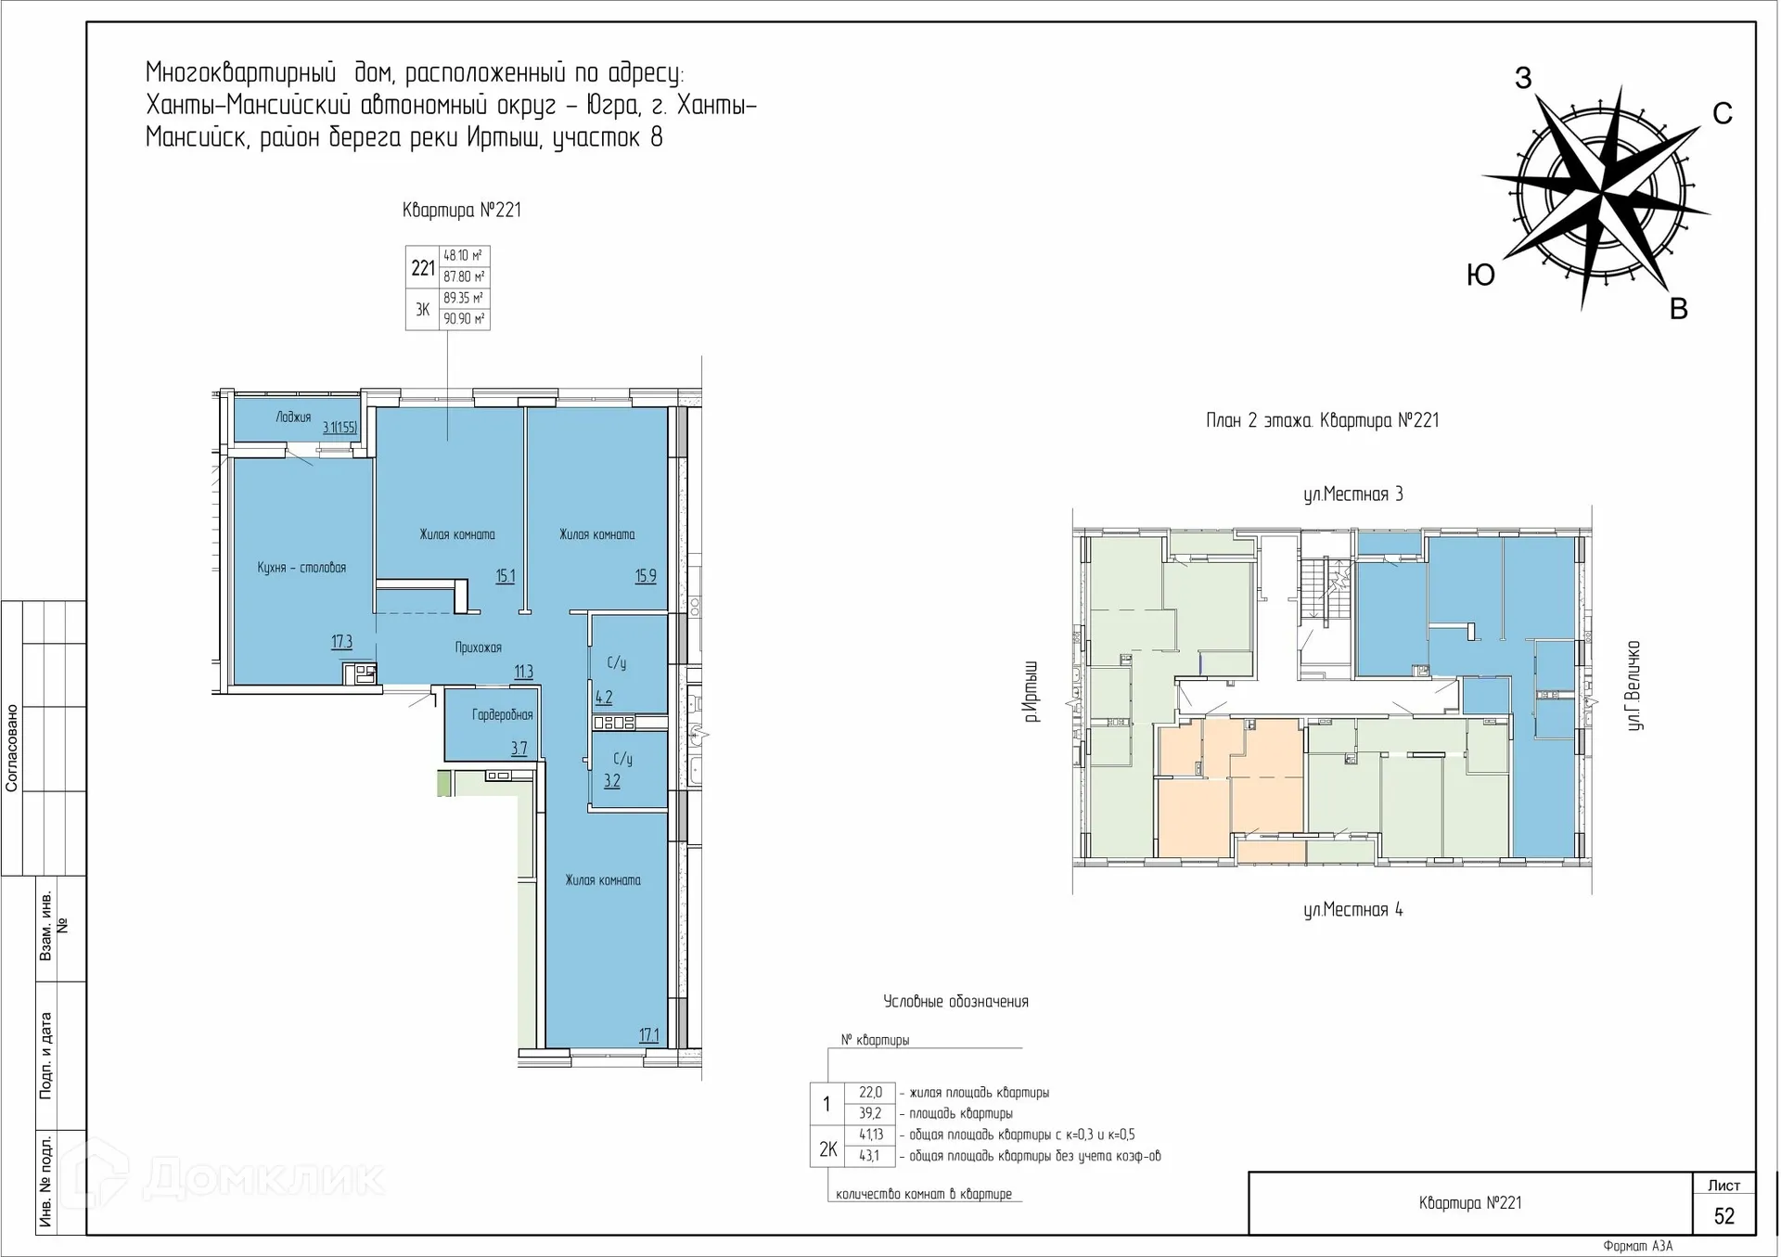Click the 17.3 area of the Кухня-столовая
click(x=341, y=641)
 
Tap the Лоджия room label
click(x=293, y=417)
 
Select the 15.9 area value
click(x=646, y=576)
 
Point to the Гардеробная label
click(x=502, y=714)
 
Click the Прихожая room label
click(x=478, y=648)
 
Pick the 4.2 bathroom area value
click(x=603, y=698)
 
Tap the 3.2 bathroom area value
click(x=612, y=781)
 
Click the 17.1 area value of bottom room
click(x=649, y=1034)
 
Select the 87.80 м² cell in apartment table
click(x=464, y=276)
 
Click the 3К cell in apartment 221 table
click(x=422, y=310)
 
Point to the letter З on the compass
click(x=1523, y=78)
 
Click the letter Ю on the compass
click(x=1480, y=275)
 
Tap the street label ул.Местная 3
click(x=1352, y=494)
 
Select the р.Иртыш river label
click(x=1031, y=692)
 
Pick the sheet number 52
click(x=1723, y=1216)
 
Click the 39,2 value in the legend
click(x=870, y=1113)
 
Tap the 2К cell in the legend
click(x=827, y=1149)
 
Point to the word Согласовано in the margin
click(x=12, y=748)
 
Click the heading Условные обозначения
click(x=955, y=1001)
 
